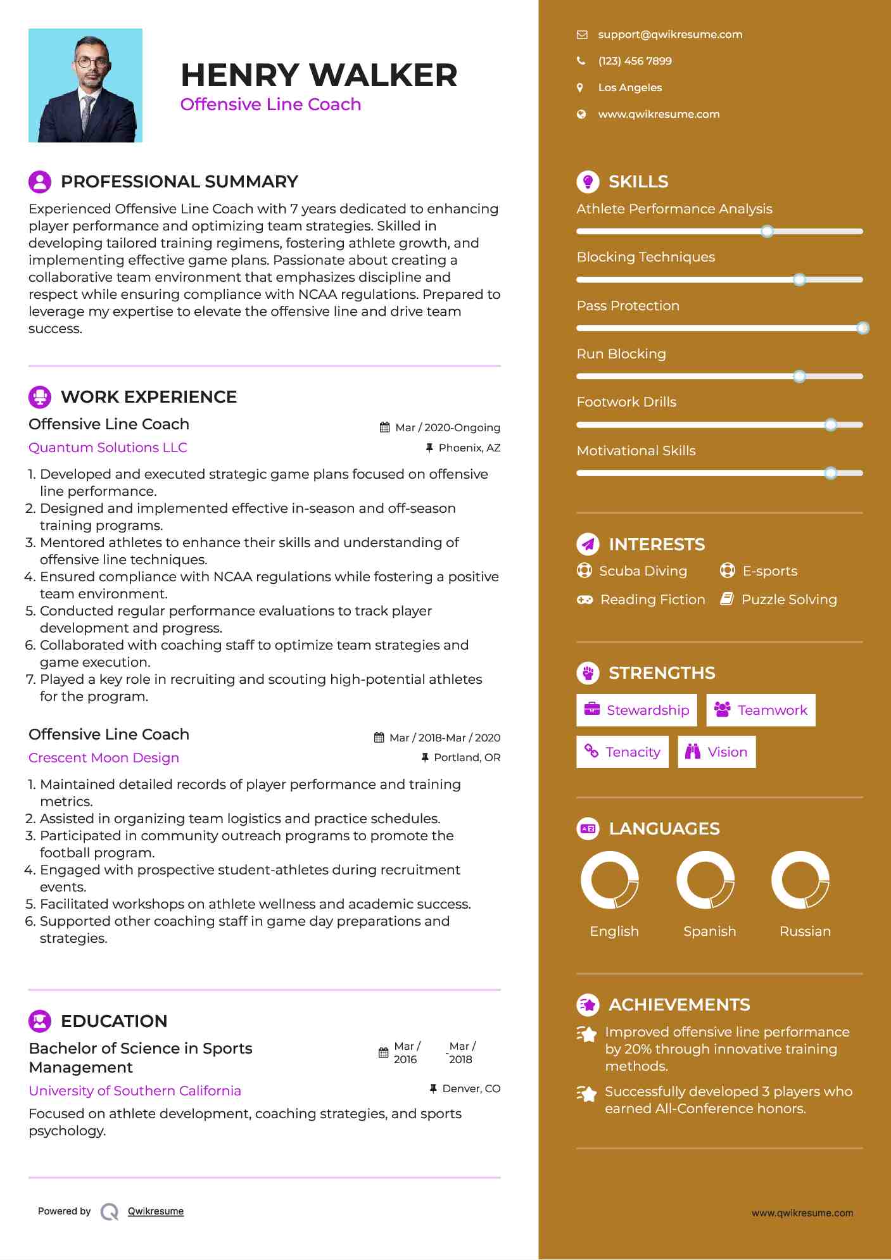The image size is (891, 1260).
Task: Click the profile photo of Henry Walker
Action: pyautogui.click(x=85, y=85)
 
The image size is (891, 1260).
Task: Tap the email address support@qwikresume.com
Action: pyautogui.click(x=670, y=35)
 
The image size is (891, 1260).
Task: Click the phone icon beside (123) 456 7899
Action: pyautogui.click(x=581, y=61)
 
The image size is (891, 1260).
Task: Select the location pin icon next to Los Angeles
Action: pyautogui.click(x=580, y=87)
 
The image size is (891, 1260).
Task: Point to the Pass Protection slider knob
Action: pyautogui.click(x=863, y=328)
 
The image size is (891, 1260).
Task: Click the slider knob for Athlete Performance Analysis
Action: pyautogui.click(x=767, y=231)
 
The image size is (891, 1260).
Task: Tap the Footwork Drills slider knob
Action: pyautogui.click(x=831, y=425)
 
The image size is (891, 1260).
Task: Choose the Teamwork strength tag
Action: pyautogui.click(x=761, y=710)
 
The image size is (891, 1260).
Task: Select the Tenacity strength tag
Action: pyautogui.click(x=622, y=752)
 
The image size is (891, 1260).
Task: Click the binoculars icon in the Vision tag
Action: pyautogui.click(x=693, y=752)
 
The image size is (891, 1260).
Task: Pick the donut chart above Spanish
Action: pyautogui.click(x=705, y=880)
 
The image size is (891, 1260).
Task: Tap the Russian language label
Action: pyautogui.click(x=805, y=931)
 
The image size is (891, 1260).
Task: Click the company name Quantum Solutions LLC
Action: pyautogui.click(x=108, y=448)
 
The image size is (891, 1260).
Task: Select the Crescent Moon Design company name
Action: pyautogui.click(x=104, y=758)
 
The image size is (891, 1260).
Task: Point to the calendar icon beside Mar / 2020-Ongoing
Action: pyautogui.click(x=384, y=427)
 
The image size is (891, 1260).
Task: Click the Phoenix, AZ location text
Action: pyautogui.click(x=469, y=448)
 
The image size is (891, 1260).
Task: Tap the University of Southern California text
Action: pyautogui.click(x=135, y=1091)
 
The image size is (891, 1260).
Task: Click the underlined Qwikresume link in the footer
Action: pyautogui.click(x=156, y=1211)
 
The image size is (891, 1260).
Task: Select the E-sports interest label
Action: pyautogui.click(x=769, y=571)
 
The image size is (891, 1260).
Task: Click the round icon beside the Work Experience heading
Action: pyautogui.click(x=40, y=397)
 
